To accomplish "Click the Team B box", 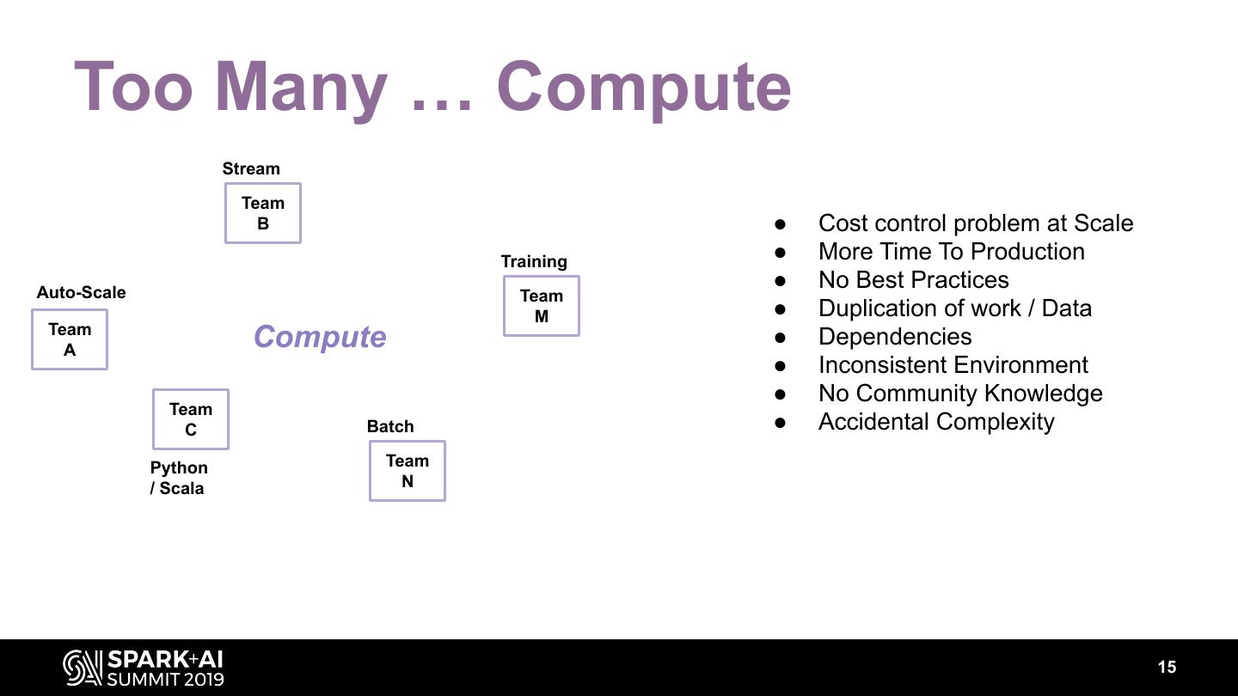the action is tap(263, 213).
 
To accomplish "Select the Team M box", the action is tap(542, 306).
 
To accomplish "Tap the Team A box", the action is tap(70, 339).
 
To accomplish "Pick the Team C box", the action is tap(191, 419).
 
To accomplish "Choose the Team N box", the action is tap(408, 471).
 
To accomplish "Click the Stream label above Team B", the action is tap(251, 168).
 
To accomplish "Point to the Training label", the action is tap(534, 261).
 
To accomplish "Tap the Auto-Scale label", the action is tap(81, 292).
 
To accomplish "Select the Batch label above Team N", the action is tap(390, 426).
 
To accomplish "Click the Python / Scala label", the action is tap(179, 478).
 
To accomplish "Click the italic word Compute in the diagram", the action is tap(320, 337).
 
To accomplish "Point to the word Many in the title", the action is tap(301, 87).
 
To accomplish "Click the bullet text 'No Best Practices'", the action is tap(913, 280).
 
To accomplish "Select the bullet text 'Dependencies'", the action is tap(895, 337).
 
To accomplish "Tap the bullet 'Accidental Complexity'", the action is tap(936, 422).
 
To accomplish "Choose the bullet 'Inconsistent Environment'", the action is tap(953, 365).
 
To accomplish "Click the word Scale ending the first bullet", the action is tap(1103, 223).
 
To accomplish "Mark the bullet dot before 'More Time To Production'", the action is tap(781, 253).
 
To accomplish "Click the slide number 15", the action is tap(1167, 668).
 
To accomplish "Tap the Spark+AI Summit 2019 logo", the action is tap(144, 668).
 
